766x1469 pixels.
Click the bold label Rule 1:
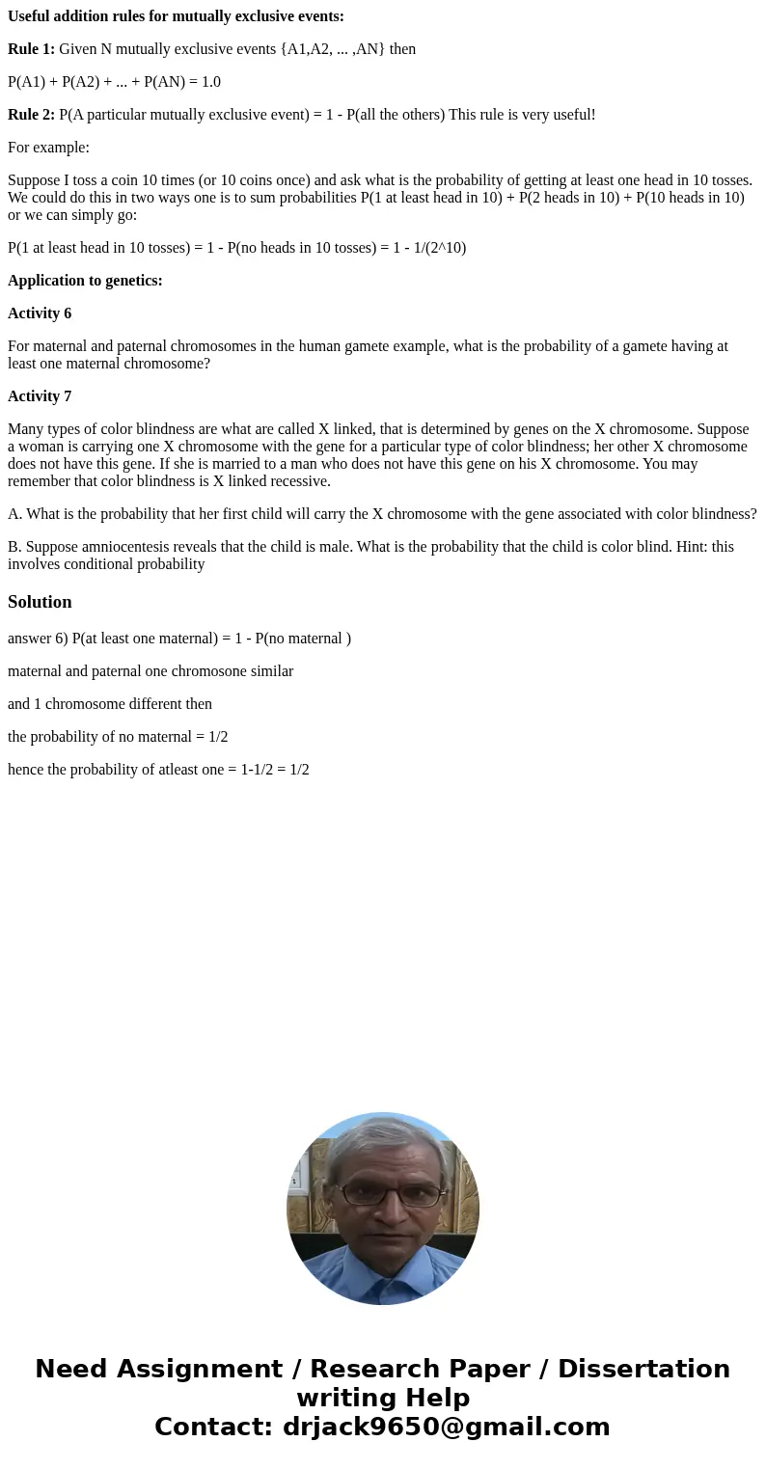click(x=31, y=48)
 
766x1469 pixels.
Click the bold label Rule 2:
click(x=31, y=115)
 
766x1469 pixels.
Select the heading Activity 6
click(x=40, y=313)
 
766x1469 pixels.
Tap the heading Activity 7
click(x=40, y=396)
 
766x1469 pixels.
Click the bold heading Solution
click(x=40, y=602)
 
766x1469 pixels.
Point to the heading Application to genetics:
click(x=85, y=281)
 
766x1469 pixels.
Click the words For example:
click(x=48, y=148)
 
